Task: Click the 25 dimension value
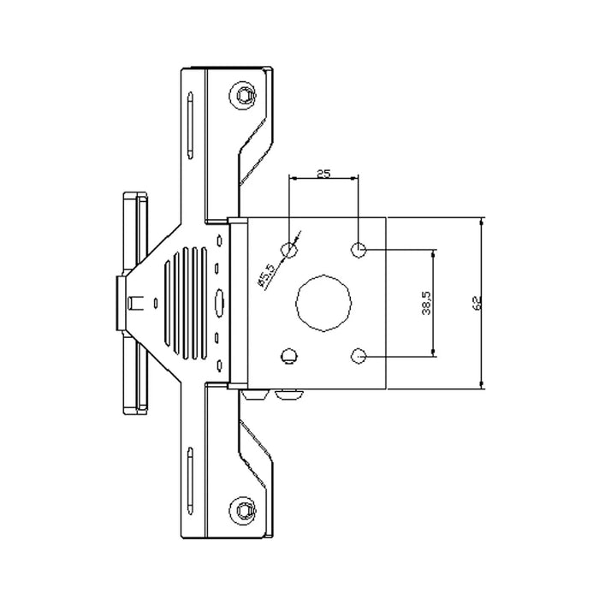pos(323,174)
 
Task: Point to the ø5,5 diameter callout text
pos(265,275)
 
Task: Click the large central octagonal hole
pos(323,302)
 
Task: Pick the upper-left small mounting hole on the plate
pos(290,250)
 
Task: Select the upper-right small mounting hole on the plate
pos(359,250)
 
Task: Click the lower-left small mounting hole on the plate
pos(290,354)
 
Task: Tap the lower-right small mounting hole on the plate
pos(359,354)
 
